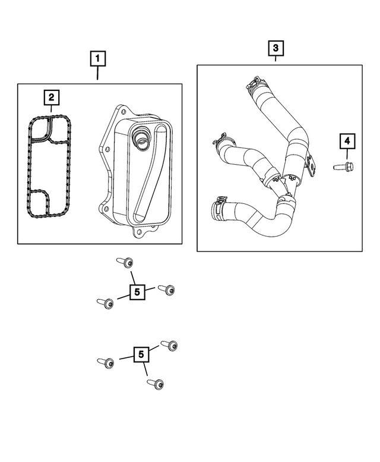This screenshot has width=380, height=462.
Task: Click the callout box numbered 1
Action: click(x=98, y=59)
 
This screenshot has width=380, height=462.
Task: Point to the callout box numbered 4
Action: click(x=346, y=142)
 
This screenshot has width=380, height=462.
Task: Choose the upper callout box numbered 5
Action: click(x=137, y=291)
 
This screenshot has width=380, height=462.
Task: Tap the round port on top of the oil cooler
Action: click(x=141, y=139)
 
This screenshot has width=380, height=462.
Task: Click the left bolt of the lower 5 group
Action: click(x=104, y=362)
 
